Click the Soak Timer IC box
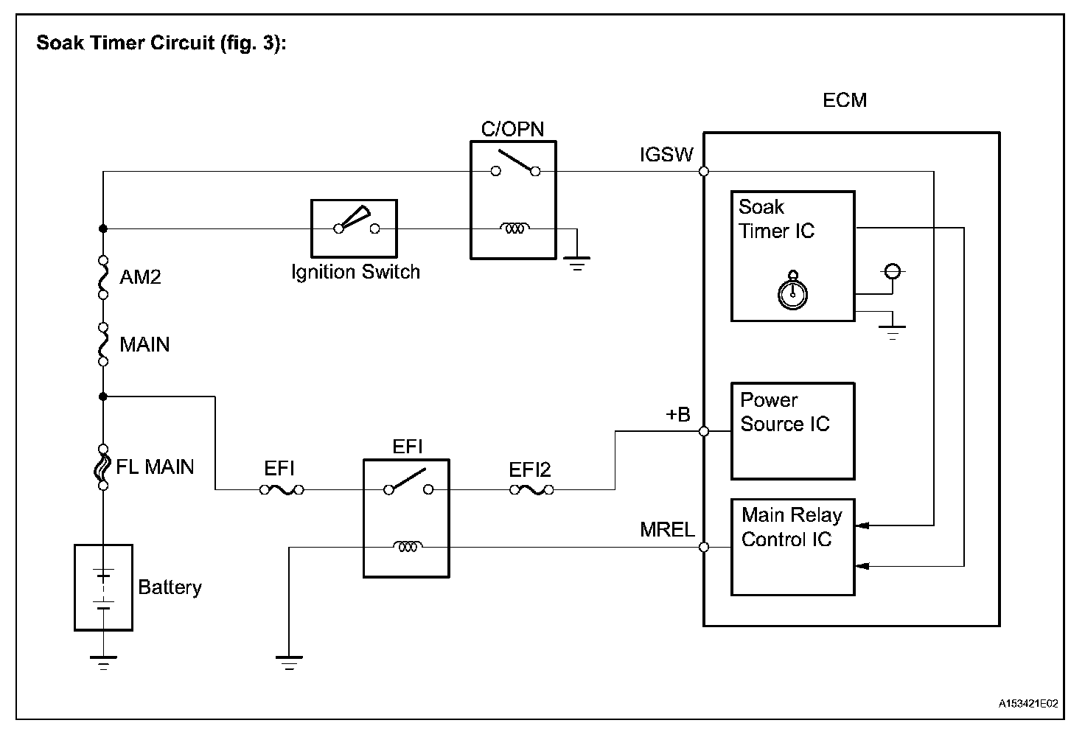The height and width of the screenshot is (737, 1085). coord(792,256)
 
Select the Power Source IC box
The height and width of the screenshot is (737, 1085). coord(792,431)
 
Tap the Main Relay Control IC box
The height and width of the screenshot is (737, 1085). coord(792,547)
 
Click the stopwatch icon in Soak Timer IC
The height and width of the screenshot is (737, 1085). coord(792,292)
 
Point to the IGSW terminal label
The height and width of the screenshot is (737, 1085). coord(666,156)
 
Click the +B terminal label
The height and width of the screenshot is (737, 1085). coord(677,415)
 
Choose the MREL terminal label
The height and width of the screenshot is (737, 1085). coord(667,529)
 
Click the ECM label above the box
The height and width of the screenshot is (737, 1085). coord(844,100)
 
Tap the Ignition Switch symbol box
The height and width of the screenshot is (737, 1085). coord(354,228)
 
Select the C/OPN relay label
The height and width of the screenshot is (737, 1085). coord(512,130)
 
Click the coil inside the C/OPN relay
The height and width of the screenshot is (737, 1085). coord(514,228)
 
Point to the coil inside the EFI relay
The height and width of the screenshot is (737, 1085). coord(407,547)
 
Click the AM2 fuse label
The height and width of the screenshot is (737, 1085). coord(140,277)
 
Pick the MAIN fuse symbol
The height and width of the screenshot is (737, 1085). coord(103,343)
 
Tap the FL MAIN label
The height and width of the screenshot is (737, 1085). coord(155,467)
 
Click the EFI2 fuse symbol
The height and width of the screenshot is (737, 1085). coord(531,489)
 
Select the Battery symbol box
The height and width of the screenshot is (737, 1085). coord(103,587)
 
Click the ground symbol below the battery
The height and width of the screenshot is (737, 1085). coord(103,662)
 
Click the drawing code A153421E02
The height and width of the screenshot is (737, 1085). coord(1028,704)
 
